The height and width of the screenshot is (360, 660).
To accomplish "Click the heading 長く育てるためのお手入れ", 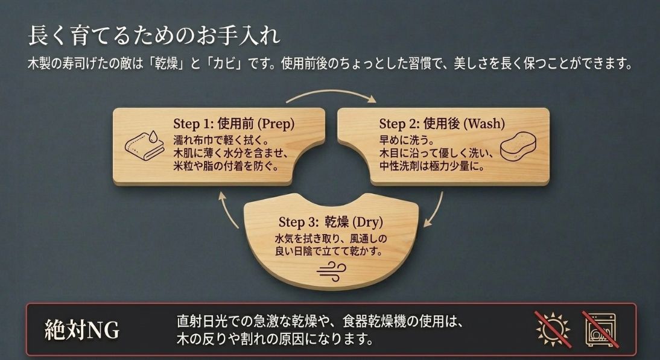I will coord(154,35).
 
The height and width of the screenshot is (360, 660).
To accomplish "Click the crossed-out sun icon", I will coord(553,329).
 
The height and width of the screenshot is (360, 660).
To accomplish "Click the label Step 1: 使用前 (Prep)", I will coord(233,124).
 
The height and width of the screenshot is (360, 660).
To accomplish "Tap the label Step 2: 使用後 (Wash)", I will coord(442,124).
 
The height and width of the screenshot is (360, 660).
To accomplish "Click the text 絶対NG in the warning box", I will coord(82,330).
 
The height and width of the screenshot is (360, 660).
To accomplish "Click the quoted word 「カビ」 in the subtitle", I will coord(229,63).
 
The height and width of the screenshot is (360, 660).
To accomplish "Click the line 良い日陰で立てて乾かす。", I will coord(329,250).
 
